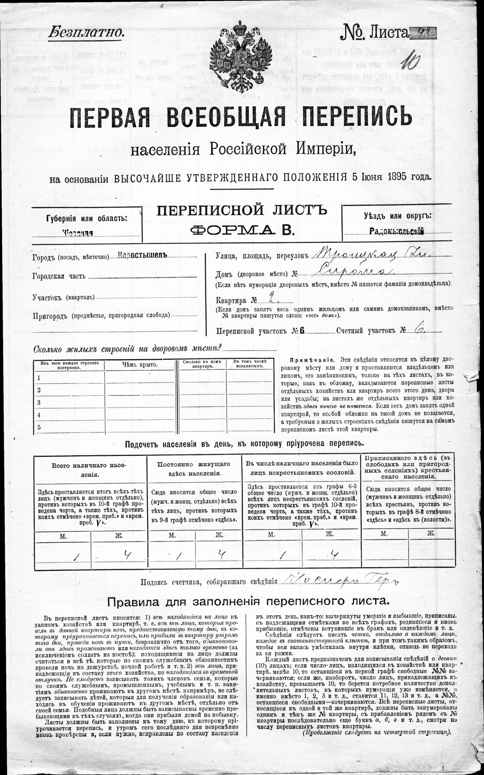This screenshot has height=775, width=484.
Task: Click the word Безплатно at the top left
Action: [x=86, y=32]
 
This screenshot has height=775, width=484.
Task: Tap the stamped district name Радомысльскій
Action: [x=397, y=232]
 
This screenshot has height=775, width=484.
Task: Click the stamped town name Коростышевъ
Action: [x=143, y=255]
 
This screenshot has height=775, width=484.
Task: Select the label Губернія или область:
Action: [x=87, y=219]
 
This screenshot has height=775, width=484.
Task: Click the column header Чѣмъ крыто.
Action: [x=140, y=365]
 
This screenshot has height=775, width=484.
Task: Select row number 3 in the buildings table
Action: [x=39, y=402]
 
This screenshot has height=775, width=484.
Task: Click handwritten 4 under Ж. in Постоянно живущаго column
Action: [x=220, y=556]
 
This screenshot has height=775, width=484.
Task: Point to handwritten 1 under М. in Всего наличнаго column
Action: [x=76, y=557]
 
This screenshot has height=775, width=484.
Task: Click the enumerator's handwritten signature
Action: [x=338, y=581]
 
